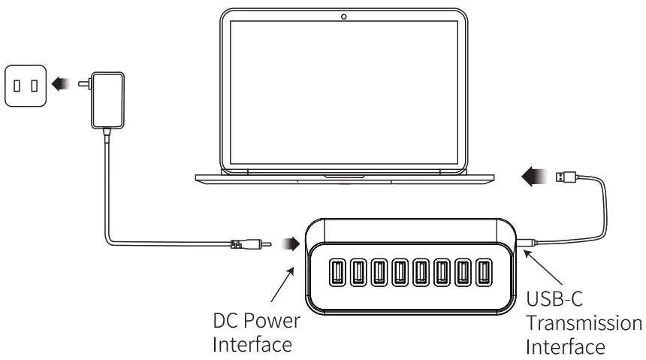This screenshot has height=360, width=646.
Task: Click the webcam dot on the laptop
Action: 344,17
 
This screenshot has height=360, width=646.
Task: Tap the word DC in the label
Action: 225,321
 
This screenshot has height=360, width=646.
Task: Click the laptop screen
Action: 343,90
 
